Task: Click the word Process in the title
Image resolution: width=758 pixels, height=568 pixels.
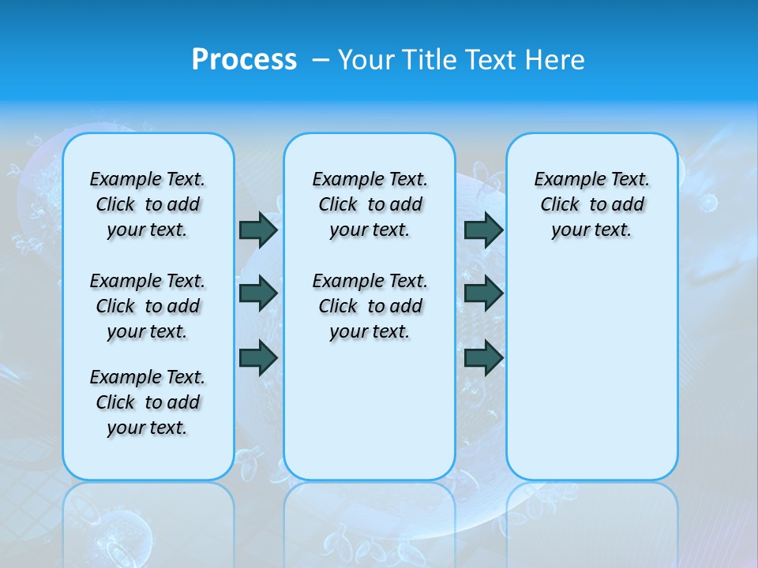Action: click(244, 59)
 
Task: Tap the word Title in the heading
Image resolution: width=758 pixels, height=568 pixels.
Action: click(426, 59)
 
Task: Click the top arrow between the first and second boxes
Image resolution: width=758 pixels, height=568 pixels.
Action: click(258, 230)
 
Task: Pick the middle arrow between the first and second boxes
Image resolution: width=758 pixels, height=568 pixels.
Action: click(258, 293)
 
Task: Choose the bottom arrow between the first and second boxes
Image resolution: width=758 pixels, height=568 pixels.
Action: click(258, 357)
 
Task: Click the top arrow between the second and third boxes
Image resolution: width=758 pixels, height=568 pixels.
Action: click(483, 230)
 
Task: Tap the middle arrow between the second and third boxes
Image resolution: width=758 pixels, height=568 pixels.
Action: click(483, 293)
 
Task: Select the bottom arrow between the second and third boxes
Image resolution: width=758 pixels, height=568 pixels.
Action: click(483, 357)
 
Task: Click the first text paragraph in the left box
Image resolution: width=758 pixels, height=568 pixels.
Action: click(148, 204)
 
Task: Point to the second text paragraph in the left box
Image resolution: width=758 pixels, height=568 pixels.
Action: click(148, 306)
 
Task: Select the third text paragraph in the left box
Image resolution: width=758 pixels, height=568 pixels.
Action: click(148, 402)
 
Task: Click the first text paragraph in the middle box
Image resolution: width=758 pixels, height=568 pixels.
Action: click(370, 204)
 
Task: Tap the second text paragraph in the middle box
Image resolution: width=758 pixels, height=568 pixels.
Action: click(370, 306)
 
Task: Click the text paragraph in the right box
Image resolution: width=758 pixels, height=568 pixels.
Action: click(591, 204)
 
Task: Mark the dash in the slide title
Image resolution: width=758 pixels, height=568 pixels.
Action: click(321, 59)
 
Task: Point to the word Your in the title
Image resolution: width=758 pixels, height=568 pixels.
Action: click(366, 59)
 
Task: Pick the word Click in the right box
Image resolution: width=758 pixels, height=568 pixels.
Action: click(560, 205)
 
